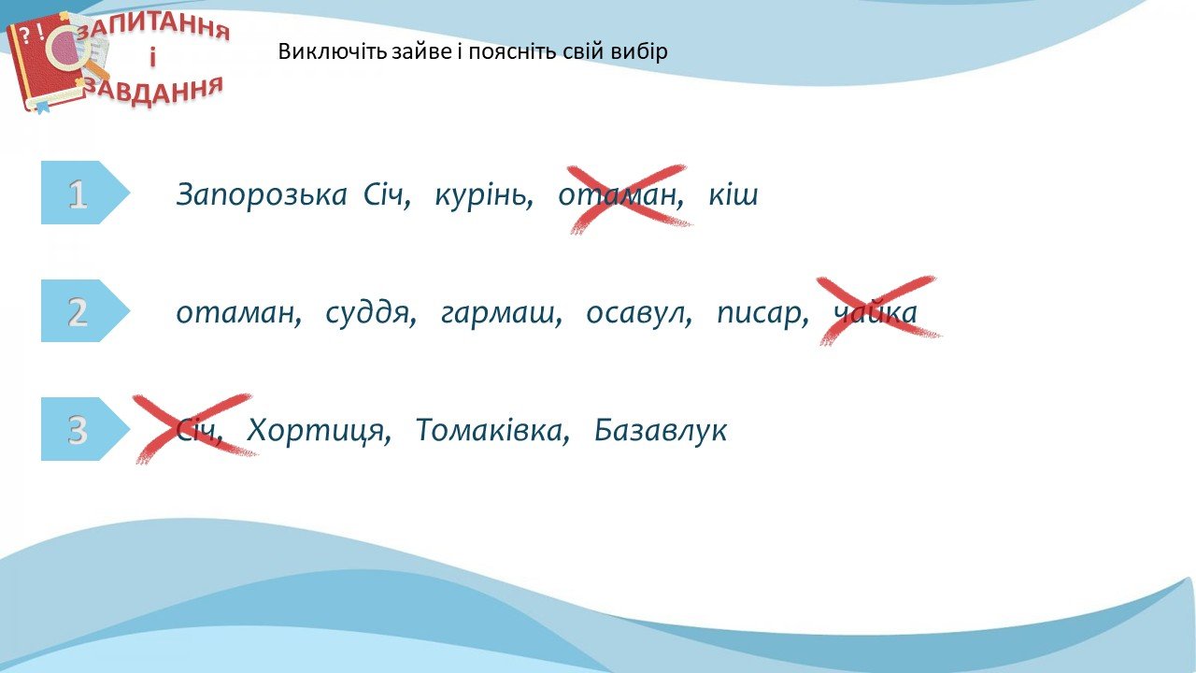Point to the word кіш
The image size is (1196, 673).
[x=733, y=194]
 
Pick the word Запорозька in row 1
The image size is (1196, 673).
[x=262, y=194]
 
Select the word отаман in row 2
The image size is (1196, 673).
[x=238, y=313]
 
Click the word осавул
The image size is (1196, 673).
[x=639, y=313]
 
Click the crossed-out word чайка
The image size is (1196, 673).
[x=876, y=312]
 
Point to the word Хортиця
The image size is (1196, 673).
[x=319, y=431]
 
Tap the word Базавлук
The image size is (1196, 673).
[x=661, y=431]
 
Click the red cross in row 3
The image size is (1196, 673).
[x=195, y=428]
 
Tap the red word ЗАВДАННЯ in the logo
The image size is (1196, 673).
[x=155, y=92]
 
